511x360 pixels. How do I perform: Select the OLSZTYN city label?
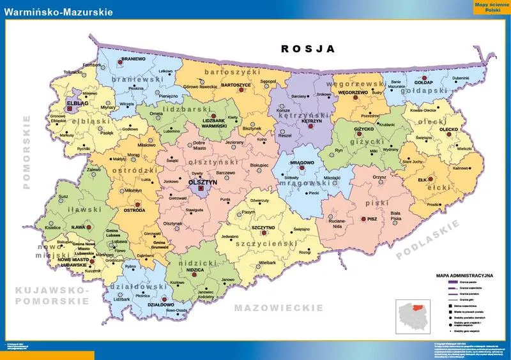(x=203, y=182)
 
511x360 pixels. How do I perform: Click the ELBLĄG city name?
(x=77, y=101)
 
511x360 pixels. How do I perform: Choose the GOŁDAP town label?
(x=423, y=82)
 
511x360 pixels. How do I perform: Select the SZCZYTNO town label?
(x=263, y=227)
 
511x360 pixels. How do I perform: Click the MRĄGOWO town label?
(x=302, y=163)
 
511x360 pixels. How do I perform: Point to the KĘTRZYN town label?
(x=311, y=120)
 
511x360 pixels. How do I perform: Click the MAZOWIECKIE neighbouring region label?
(x=278, y=308)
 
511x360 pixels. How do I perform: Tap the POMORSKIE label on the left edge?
(x=27, y=153)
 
